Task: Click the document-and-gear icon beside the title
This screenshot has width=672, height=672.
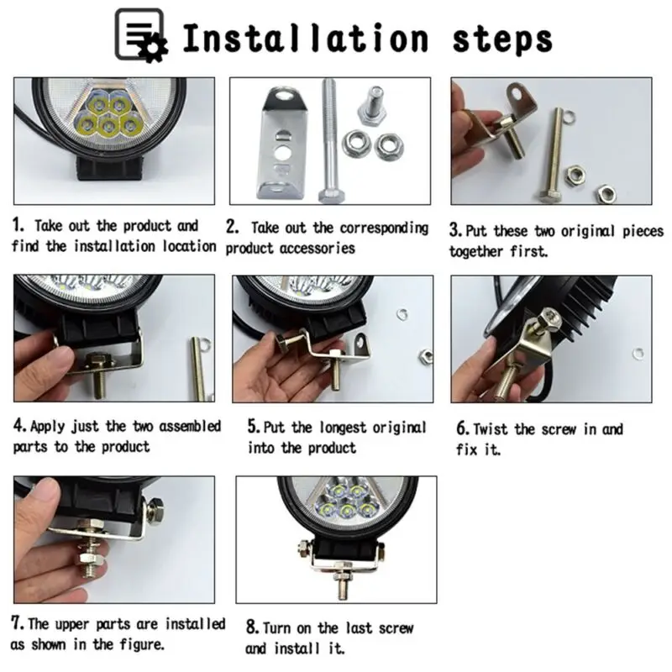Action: tap(140, 35)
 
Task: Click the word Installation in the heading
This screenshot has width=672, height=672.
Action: tap(306, 38)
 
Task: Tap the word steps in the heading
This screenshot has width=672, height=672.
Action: tap(502, 40)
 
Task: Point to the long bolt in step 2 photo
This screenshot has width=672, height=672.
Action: tap(330, 140)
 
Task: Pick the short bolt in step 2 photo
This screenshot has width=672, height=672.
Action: tap(371, 106)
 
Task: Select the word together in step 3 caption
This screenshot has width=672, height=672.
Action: tap(476, 251)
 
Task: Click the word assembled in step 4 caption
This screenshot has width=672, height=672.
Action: tap(190, 427)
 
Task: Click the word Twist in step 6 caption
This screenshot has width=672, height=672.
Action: tap(491, 429)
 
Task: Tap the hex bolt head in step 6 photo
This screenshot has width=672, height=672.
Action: tap(549, 319)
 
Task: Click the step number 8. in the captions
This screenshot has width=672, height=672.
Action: tap(253, 627)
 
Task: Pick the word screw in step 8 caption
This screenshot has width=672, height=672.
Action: tap(392, 628)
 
